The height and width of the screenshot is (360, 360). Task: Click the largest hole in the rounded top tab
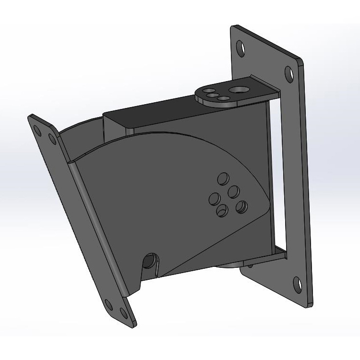pos(238,89)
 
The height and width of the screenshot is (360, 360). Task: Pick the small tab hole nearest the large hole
pos(223,98)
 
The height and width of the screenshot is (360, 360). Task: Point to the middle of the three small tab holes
pos(212,96)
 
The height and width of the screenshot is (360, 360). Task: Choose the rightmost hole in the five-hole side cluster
pos(241,206)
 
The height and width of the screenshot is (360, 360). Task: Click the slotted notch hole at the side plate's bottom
pos(151,262)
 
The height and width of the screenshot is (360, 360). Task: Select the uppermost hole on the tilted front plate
pos(38,128)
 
